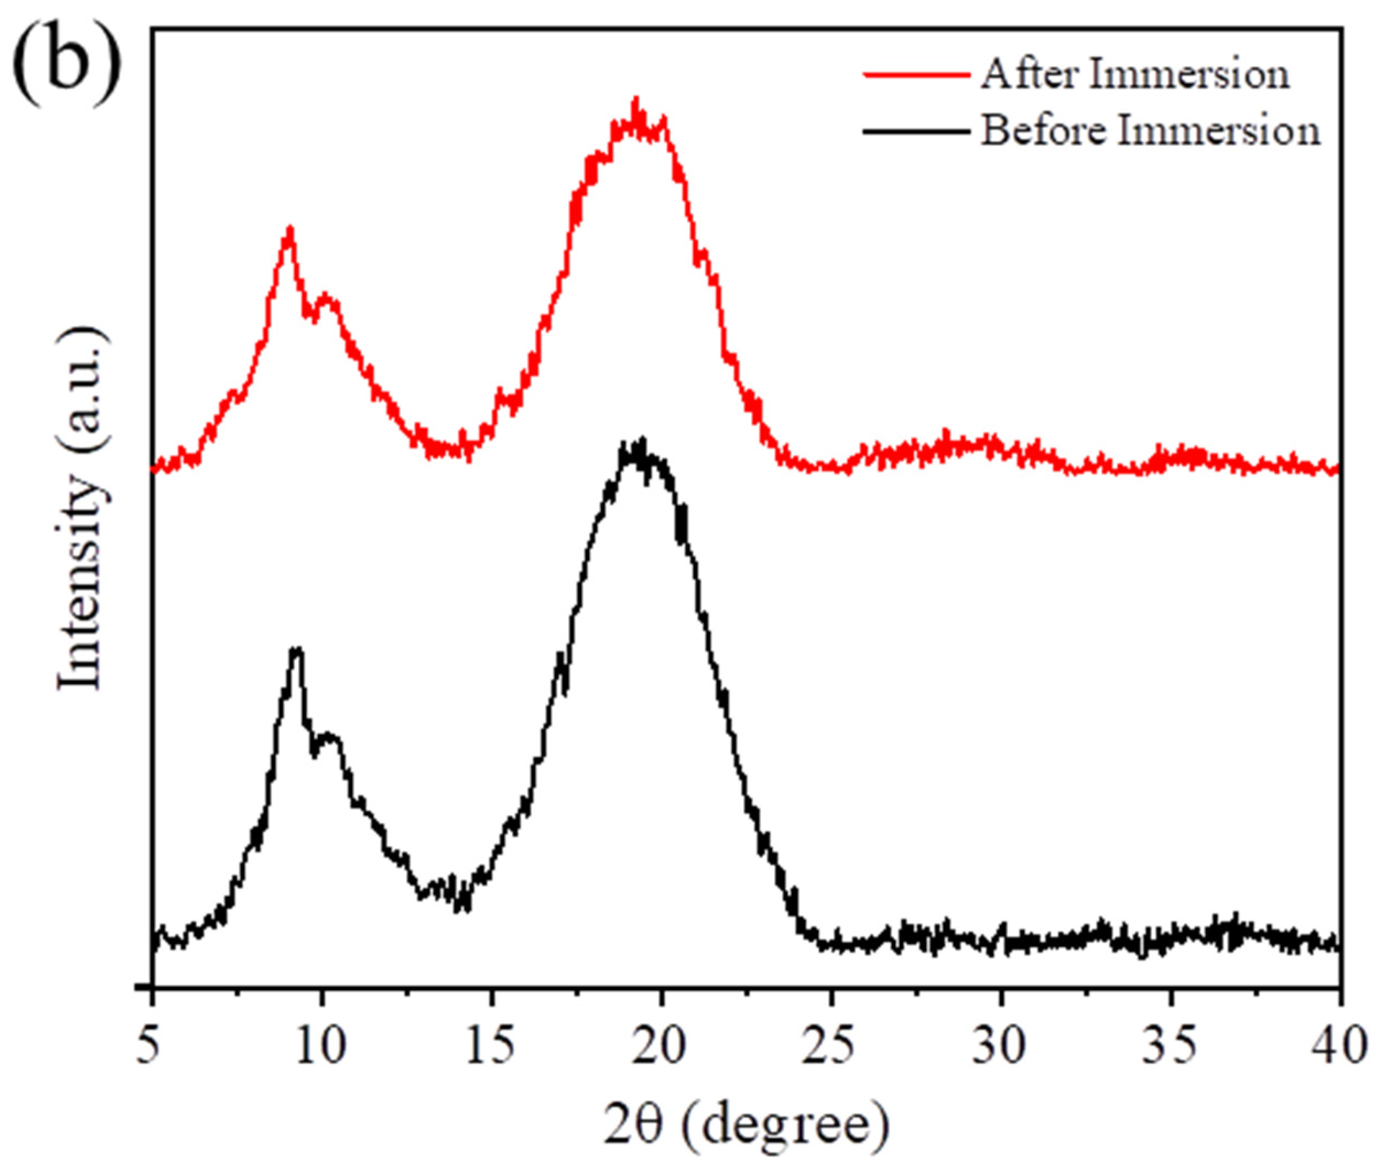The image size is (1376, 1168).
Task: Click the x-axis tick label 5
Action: (x=152, y=1045)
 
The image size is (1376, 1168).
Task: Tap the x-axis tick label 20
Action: (x=661, y=1045)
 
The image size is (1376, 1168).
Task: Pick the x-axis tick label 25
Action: (x=831, y=1045)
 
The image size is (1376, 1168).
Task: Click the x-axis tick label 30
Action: (x=1001, y=1045)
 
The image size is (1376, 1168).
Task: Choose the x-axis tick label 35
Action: (x=1171, y=1045)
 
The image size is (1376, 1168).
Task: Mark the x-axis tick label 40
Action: (x=1340, y=1045)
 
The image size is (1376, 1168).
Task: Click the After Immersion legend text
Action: (x=1134, y=74)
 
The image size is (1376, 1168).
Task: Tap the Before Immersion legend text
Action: (x=1150, y=130)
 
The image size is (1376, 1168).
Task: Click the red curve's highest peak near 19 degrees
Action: (x=637, y=102)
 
